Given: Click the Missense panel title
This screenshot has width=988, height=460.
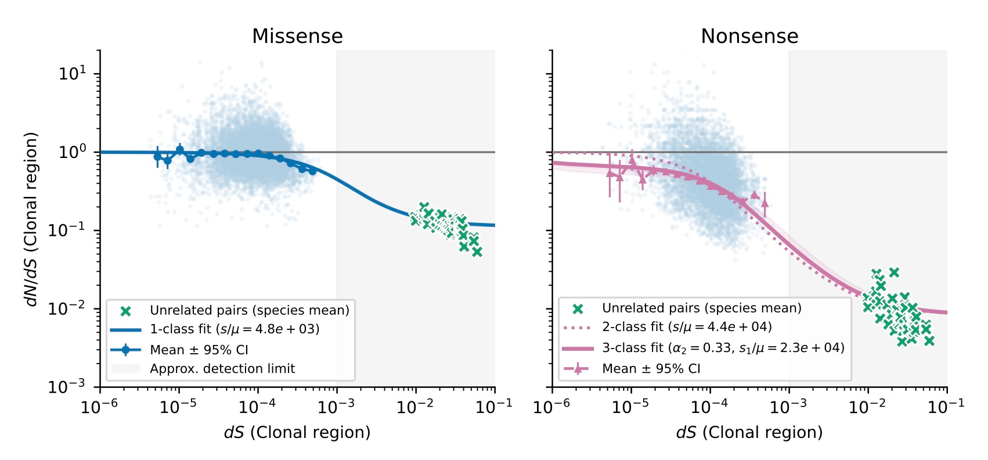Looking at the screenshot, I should tap(297, 37).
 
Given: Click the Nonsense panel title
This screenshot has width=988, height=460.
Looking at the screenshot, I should tap(749, 37).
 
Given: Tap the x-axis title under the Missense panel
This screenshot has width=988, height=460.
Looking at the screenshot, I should tap(297, 433).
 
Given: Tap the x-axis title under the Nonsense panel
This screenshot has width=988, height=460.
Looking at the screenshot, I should tap(749, 433).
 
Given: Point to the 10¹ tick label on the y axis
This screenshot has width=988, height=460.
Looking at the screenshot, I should tap(72, 74).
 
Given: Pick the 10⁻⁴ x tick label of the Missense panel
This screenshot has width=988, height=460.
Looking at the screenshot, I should tap(257, 407).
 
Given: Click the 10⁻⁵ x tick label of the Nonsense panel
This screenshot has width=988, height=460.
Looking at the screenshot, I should tap(630, 407).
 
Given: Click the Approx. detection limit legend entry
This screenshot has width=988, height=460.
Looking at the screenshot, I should tap(222, 369).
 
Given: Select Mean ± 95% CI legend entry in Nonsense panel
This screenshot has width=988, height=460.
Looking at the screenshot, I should tap(651, 369).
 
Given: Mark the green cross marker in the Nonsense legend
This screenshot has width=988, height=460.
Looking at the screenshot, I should tap(578, 309).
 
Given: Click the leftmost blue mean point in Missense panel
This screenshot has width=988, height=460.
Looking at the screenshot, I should tap(157, 157).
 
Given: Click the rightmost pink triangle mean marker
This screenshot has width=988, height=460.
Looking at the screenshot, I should tap(765, 203).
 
